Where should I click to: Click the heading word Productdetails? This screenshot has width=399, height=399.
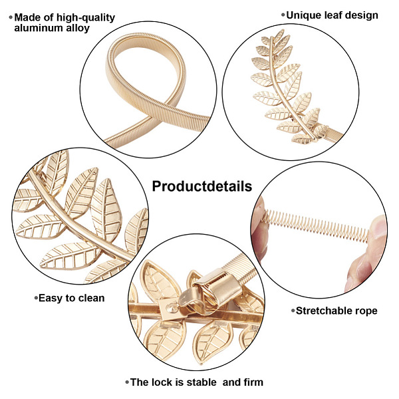[201, 186]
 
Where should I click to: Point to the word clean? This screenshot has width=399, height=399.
[90, 298]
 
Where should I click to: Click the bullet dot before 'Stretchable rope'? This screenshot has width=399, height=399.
[293, 311]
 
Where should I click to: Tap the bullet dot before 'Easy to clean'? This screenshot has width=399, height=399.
[36, 298]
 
